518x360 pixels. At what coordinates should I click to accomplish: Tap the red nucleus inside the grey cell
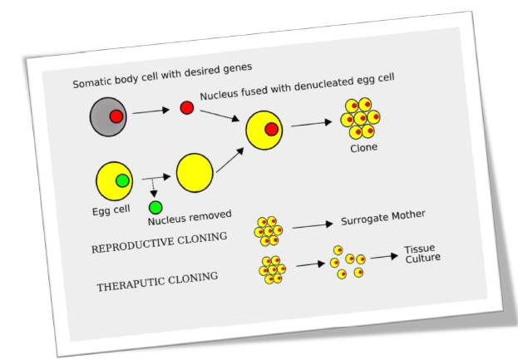coord(116,116)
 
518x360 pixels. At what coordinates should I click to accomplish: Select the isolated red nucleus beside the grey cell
coord(187,108)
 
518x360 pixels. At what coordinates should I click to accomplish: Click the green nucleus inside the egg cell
coord(122,180)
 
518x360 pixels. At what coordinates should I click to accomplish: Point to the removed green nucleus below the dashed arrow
coord(155,206)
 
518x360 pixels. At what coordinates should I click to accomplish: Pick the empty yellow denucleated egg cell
coord(195,171)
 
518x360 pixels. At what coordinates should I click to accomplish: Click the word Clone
coord(363,147)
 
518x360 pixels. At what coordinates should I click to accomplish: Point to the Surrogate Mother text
coord(382,218)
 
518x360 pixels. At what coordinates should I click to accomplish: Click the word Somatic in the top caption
coord(95,84)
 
